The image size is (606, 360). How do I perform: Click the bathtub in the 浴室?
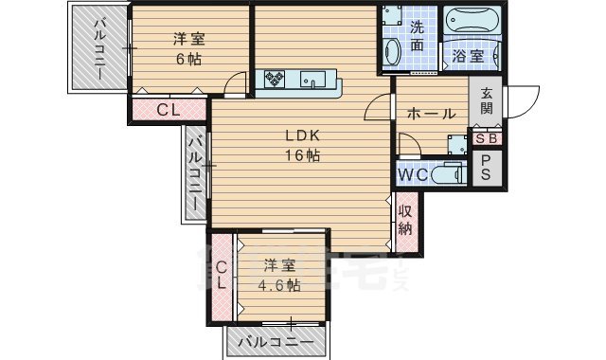474,22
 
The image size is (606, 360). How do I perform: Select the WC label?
411,174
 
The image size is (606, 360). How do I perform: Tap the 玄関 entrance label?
486,101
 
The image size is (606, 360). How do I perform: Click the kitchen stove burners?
277,79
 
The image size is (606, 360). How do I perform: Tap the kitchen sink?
313,81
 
